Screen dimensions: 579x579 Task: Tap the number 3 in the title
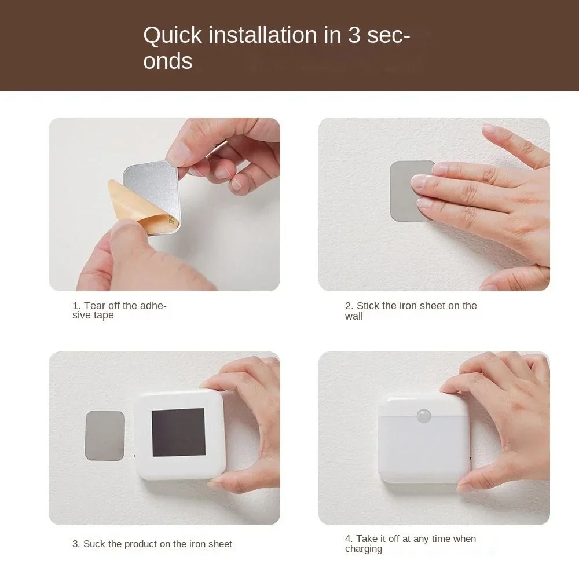tap(354, 35)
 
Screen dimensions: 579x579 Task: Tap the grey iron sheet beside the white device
tap(105, 435)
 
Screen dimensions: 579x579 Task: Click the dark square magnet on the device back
tap(178, 432)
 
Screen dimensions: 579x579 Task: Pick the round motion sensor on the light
tap(424, 416)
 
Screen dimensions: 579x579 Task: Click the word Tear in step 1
tap(96, 306)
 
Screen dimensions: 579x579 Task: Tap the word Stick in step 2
tap(368, 306)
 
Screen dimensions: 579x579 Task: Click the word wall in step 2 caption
tap(354, 316)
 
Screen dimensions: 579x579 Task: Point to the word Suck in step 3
tap(94, 544)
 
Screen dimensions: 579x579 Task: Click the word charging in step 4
tap(364, 549)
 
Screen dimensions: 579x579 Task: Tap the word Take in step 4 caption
tap(367, 539)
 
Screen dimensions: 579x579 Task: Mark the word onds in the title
tap(168, 61)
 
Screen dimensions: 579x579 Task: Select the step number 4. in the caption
tap(349, 539)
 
